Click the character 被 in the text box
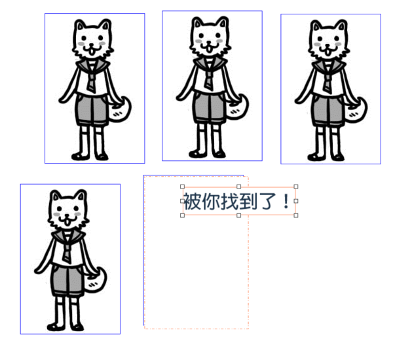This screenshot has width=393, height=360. [193, 201]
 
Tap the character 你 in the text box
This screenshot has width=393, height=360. [211, 201]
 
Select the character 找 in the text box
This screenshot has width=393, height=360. [229, 201]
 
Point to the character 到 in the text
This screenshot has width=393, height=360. [248, 201]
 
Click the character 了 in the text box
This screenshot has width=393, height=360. [267, 201]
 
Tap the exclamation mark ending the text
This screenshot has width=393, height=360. [286, 201]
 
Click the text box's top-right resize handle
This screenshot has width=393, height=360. [296, 187]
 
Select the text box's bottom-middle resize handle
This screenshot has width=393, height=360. [239, 215]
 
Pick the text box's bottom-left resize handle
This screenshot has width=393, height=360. [183, 215]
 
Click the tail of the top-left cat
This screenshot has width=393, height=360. [121, 110]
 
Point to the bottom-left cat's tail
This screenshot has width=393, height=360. [97, 281]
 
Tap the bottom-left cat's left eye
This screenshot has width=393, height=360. [60, 209]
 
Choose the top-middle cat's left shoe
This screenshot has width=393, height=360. [198, 154]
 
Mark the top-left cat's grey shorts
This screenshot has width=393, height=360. [92, 110]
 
